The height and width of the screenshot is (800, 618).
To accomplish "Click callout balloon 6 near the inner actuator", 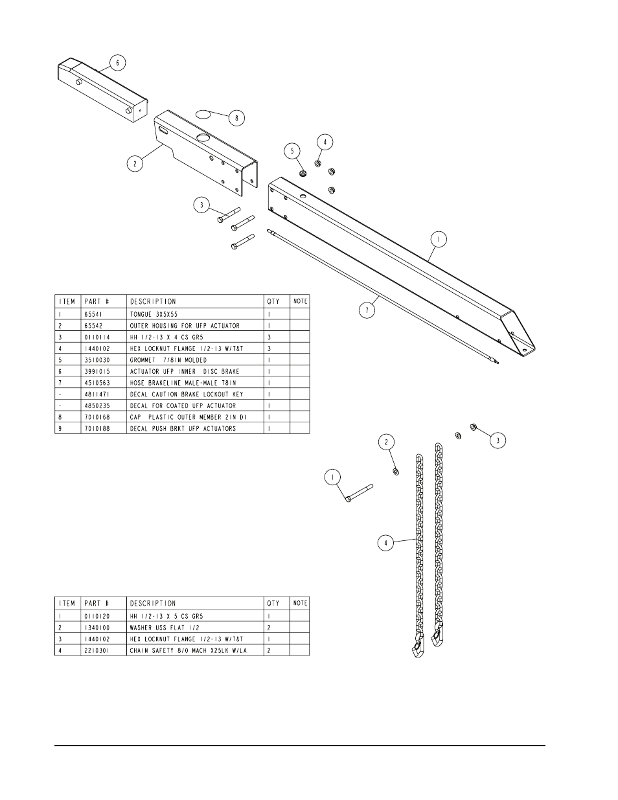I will tap(117, 63).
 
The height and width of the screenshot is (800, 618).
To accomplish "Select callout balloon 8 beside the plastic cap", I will tap(236, 118).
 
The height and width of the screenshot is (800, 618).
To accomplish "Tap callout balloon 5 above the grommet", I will tap(293, 150).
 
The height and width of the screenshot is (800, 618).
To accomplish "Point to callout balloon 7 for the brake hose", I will tap(367, 310).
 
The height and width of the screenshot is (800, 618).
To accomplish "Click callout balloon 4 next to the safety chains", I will tap(385, 543).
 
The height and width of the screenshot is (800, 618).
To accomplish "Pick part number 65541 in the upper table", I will tap(94, 314).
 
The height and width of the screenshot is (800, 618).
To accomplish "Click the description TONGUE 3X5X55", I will tap(153, 314).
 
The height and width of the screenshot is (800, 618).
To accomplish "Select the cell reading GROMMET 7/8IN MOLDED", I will tap(168, 360).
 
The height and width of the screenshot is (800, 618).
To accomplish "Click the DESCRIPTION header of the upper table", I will tap(153, 301).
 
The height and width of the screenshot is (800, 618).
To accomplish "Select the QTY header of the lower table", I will tap(273, 603).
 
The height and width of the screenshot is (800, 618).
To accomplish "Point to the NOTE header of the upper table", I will tap(300, 301).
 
